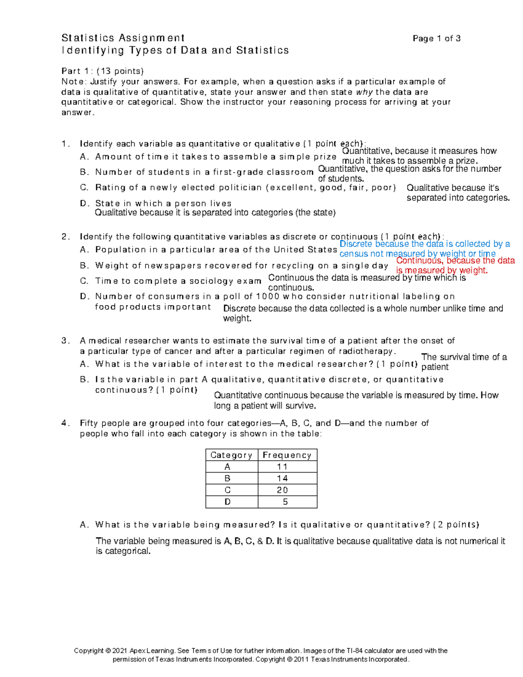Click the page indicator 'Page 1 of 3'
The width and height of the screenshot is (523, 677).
pyautogui.click(x=436, y=38)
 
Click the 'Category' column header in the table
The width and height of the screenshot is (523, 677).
pyautogui.click(x=231, y=455)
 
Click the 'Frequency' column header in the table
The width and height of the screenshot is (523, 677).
pyautogui.click(x=287, y=455)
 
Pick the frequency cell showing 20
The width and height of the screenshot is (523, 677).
pyautogui.click(x=282, y=490)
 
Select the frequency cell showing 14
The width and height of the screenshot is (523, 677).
pyautogui.click(x=282, y=478)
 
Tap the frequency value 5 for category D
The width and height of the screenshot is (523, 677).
pyautogui.click(x=285, y=502)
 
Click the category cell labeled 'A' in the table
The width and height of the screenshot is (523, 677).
pyautogui.click(x=227, y=467)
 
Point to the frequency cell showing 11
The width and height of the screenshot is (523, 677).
pyautogui.click(x=282, y=467)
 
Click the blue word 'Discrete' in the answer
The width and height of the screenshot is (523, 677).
pyautogui.click(x=356, y=244)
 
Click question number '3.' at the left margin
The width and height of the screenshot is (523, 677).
pyautogui.click(x=65, y=341)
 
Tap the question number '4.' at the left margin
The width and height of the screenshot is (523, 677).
pyautogui.click(x=65, y=423)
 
